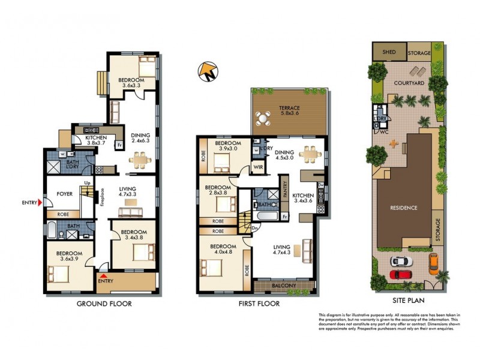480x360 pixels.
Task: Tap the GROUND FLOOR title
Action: coord(104,304)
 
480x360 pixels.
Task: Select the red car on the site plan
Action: coord(402,274)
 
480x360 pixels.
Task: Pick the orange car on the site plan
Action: coord(433,262)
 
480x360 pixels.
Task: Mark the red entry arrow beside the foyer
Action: coord(40,203)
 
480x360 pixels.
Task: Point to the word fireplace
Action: coord(103,199)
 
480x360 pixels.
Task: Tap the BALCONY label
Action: coord(284,286)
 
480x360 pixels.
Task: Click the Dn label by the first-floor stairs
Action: coord(239,228)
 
